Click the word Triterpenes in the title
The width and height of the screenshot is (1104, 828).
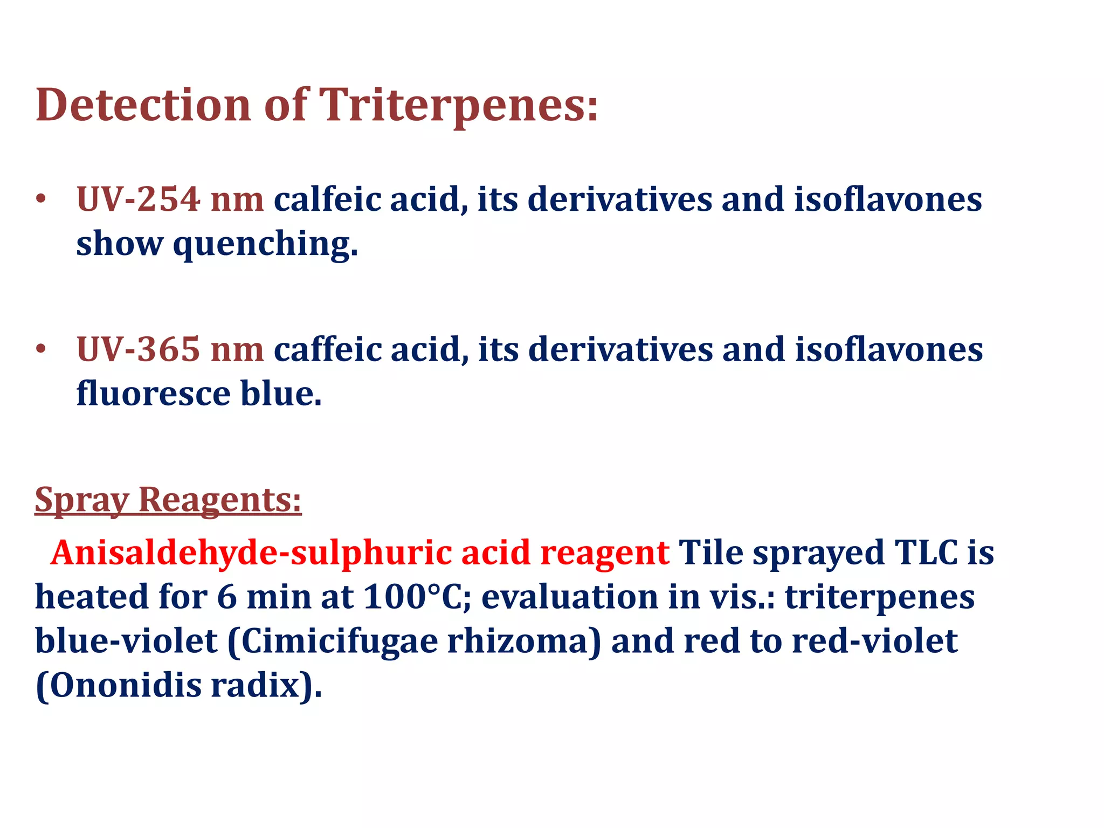pyautogui.click(x=458, y=105)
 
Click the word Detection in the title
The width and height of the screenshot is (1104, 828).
pyautogui.click(x=143, y=105)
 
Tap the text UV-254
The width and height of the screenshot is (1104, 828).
pyautogui.click(x=139, y=199)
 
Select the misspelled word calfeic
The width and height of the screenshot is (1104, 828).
pyautogui.click(x=329, y=199)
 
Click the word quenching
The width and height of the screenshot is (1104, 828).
pyautogui.click(x=265, y=244)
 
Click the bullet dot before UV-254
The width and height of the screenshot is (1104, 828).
pyautogui.click(x=40, y=200)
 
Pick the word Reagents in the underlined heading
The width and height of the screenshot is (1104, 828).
pyautogui.click(x=220, y=500)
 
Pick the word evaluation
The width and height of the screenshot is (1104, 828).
pyautogui.click(x=569, y=597)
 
